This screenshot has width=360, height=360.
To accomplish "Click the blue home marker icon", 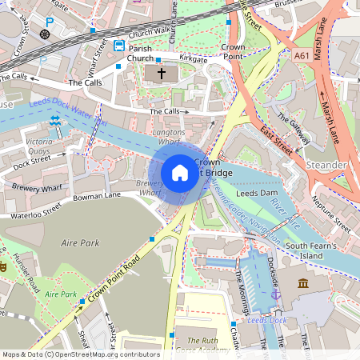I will (x=180, y=172).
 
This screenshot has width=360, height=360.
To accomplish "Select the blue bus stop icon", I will (x=119, y=46).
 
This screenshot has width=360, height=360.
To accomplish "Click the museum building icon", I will (x=303, y=284).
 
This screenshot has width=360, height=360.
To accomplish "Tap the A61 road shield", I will (x=302, y=56).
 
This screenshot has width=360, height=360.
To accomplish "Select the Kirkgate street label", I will (x=193, y=59).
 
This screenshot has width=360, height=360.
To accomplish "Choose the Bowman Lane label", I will (x=97, y=194).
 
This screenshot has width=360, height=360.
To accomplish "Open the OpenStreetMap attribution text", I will (x=80, y=354).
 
